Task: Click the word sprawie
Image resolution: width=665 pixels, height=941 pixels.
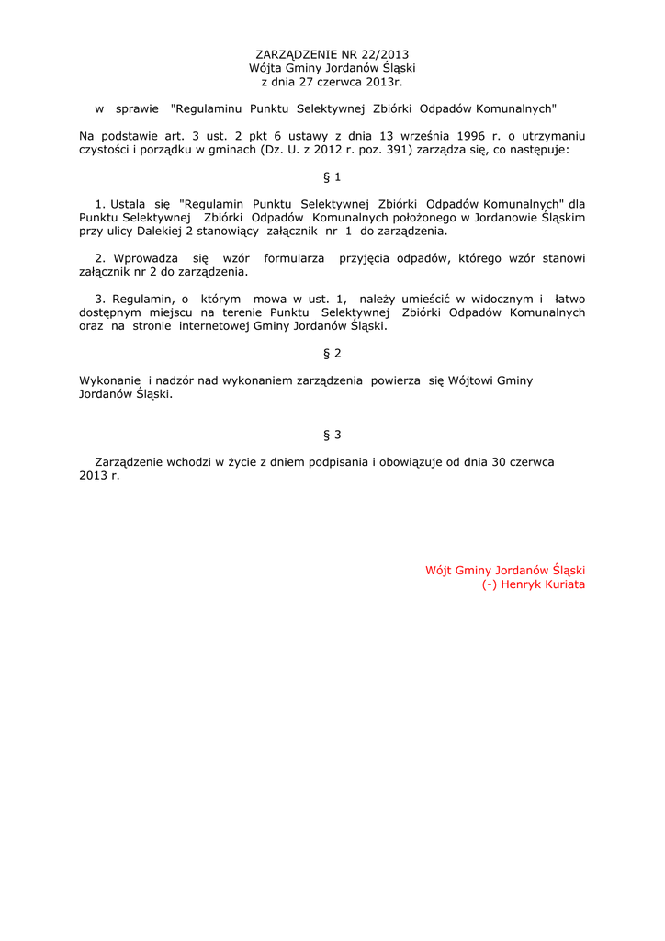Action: tap(137, 108)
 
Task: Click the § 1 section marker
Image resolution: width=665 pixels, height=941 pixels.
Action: tap(332, 176)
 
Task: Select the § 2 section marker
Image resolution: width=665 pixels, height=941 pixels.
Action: tap(332, 353)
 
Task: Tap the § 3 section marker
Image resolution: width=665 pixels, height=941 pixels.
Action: tap(332, 434)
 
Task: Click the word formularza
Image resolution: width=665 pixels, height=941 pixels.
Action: tap(294, 258)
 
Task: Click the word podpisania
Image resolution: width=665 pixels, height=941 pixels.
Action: tap(337, 462)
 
